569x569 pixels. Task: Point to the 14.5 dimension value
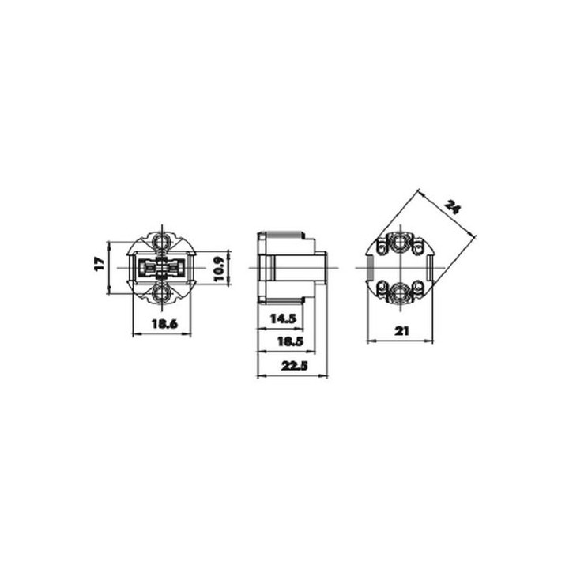point(282,318)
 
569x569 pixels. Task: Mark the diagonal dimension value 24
point(452,209)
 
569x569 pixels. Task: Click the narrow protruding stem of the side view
point(321,269)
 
